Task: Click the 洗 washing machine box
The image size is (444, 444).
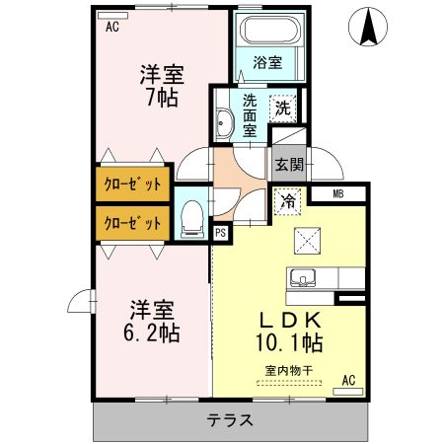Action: click(283, 107)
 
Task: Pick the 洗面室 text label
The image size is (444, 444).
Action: click(250, 114)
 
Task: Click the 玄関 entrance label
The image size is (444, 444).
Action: click(288, 165)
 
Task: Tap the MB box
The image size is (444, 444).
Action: click(337, 194)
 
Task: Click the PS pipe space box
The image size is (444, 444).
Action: click(220, 233)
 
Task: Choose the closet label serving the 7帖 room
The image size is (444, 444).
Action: click(133, 185)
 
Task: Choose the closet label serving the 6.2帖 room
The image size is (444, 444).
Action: click(133, 223)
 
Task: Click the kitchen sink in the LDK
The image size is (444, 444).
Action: click(303, 276)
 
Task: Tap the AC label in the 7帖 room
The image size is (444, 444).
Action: click(111, 27)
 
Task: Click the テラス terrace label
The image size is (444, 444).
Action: click(230, 420)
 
